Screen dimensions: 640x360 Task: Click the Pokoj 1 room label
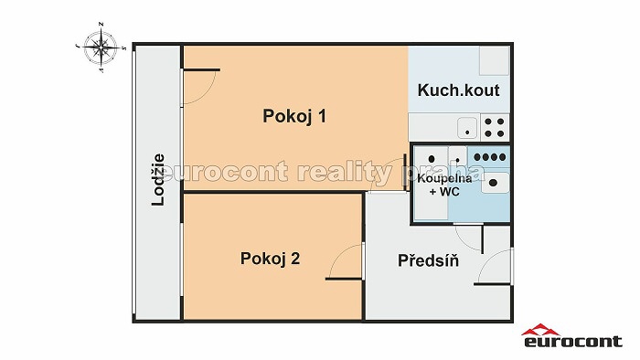pyautogui.click(x=294, y=117)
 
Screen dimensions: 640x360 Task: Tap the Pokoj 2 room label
pyautogui.click(x=271, y=259)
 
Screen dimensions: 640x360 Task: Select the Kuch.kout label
pyautogui.click(x=458, y=90)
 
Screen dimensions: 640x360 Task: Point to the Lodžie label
pyautogui.click(x=158, y=180)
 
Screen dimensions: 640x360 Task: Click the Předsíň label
pyautogui.click(x=428, y=260)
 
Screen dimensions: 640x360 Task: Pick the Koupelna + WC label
pyautogui.click(x=444, y=185)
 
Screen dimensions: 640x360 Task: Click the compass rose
pyautogui.click(x=101, y=48)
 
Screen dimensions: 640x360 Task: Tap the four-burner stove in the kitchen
pyautogui.click(x=495, y=127)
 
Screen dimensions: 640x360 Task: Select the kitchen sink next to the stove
pyautogui.click(x=467, y=128)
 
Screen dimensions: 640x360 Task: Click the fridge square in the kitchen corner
pyautogui.click(x=494, y=60)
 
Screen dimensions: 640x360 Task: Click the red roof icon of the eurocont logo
pyautogui.click(x=541, y=330)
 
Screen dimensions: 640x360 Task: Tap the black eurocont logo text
pyautogui.click(x=572, y=341)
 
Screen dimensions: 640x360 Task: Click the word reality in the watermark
pyautogui.click(x=345, y=172)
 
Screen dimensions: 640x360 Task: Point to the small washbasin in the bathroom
pyautogui.click(x=458, y=155)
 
